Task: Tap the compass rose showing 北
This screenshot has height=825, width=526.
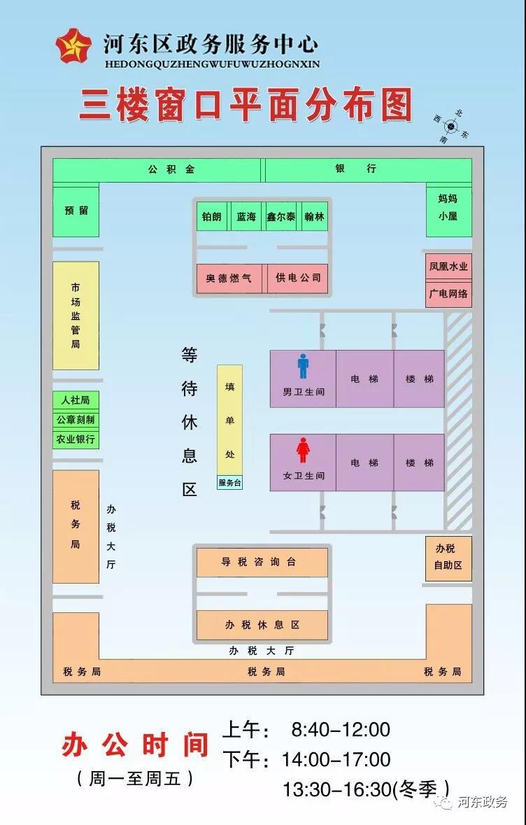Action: coord(451,127)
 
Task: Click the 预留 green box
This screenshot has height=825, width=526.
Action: coord(76,211)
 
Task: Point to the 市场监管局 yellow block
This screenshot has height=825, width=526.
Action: coord(76,316)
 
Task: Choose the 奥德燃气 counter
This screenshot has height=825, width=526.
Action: coord(228,278)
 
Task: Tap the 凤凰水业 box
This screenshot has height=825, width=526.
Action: coord(448,267)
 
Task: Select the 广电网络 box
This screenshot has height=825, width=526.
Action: coord(448,294)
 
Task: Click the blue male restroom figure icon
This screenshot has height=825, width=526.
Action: coord(303,366)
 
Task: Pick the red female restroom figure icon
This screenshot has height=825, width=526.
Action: coord(303,450)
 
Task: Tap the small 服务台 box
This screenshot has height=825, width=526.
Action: coord(229,483)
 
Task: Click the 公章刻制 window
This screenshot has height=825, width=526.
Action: coord(76,420)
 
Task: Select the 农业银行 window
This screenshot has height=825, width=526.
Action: coord(76,439)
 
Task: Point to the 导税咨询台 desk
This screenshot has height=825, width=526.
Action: coord(262,562)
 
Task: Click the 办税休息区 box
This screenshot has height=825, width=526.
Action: coord(262,625)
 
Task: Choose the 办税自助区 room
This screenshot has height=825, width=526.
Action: coord(448,558)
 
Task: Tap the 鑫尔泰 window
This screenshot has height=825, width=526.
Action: coord(281,217)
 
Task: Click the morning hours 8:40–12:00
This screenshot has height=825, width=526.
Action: coord(340,730)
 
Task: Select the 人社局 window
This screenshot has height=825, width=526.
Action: coord(76,400)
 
